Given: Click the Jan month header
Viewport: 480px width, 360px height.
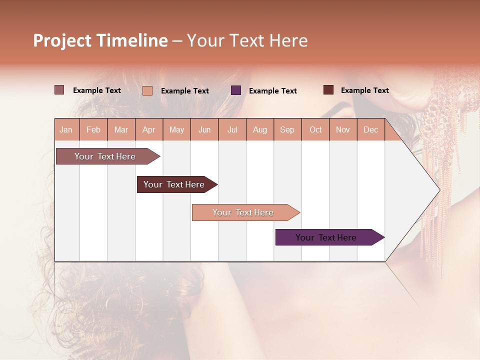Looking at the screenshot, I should coord(66,129).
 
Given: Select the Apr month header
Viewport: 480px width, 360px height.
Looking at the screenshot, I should coord(149,129).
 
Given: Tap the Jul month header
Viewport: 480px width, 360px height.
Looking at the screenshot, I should coord(232,129).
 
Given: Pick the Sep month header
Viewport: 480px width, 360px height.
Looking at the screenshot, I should coord(287,129).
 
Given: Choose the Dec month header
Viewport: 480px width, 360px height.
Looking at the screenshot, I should coord(370,129).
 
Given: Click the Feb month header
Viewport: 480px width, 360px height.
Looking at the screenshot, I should coord(93,129).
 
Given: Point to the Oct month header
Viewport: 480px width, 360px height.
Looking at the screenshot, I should coord(315,129).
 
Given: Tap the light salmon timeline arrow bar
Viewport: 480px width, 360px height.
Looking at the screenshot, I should coord(243,212).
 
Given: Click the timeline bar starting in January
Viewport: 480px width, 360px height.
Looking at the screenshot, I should coord(105,156).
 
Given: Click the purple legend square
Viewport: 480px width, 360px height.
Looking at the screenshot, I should coord(236,90).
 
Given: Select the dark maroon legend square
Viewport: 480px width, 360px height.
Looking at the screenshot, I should coord(328,90).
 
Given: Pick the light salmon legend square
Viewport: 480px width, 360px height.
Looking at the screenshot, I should coord(147,90).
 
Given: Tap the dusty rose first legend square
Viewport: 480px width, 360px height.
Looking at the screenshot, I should coord(59,90).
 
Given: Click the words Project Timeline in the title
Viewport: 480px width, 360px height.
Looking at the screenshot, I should coord(100,40).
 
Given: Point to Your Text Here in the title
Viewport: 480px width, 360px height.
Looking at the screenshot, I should coord(247,40).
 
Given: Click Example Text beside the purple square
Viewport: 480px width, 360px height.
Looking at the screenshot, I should coord(272,91).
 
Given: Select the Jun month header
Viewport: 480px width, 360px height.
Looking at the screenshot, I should coord(204,129).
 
